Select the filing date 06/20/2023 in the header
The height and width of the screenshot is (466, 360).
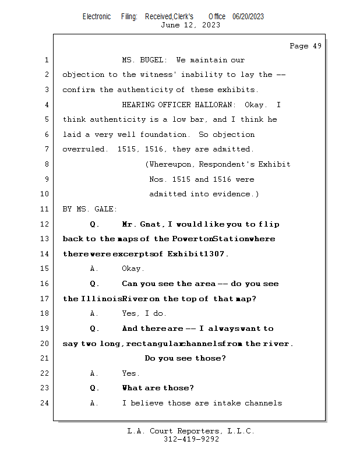click(x=248, y=16)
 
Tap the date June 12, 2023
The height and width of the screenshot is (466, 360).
click(x=190, y=25)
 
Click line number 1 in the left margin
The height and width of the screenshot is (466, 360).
click(x=46, y=60)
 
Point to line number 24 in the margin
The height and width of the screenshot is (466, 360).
click(x=45, y=403)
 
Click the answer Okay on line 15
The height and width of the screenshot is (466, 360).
click(x=133, y=269)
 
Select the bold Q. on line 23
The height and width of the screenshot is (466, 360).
click(x=94, y=388)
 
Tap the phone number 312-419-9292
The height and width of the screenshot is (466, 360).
click(x=190, y=439)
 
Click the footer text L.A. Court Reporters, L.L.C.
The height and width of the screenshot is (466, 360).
click(x=190, y=431)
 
